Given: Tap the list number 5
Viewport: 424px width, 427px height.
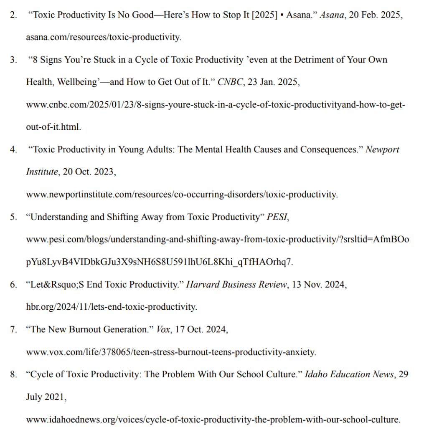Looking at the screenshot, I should (x=13, y=217).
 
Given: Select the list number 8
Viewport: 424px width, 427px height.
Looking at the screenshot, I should (x=13, y=374).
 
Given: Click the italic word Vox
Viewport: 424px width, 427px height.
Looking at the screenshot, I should (x=163, y=329).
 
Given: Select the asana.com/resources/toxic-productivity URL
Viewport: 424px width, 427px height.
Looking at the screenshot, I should (x=104, y=37).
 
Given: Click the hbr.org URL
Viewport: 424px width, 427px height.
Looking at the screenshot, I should (x=112, y=307).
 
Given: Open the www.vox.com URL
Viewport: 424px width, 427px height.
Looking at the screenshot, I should (x=171, y=352).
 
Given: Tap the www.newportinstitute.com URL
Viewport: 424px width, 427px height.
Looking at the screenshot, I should (x=182, y=194).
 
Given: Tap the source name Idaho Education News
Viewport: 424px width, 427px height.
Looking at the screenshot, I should (x=349, y=374).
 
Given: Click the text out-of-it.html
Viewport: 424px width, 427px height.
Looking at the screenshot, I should (x=53, y=127).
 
